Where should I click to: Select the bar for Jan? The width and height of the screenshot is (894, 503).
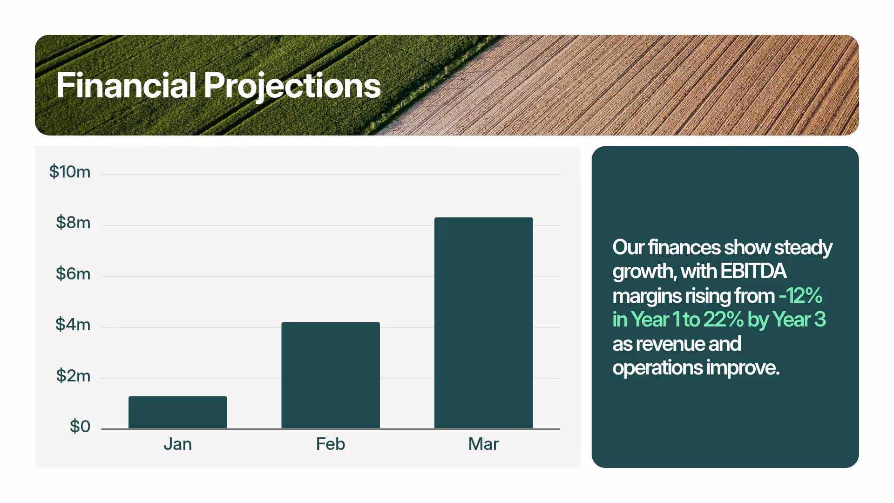pos(177,412)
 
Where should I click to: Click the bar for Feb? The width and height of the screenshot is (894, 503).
pos(331,375)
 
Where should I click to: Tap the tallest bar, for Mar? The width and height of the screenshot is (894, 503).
pos(483,322)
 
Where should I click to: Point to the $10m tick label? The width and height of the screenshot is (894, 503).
pos(70,172)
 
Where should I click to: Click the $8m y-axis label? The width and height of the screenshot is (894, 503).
pos(73,223)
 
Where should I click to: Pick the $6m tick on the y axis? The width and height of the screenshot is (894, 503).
pos(73,273)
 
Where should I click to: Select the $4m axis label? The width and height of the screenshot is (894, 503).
pos(73,324)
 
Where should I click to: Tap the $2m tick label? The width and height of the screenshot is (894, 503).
pos(73,375)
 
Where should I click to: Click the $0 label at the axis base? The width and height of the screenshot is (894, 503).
pos(80,426)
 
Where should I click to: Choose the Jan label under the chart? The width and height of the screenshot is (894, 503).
pos(177,444)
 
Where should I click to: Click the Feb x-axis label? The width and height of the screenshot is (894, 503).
pos(331,444)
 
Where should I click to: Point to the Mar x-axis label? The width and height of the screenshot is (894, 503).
pos(483,444)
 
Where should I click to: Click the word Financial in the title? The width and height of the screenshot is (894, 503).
pos(126,85)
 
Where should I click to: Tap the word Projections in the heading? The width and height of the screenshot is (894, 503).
pos(292,86)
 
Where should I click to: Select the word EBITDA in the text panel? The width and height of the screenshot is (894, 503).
pos(753,271)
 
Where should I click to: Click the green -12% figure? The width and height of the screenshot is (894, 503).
pos(800,295)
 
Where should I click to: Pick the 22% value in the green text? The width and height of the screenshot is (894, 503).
pos(723,319)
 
